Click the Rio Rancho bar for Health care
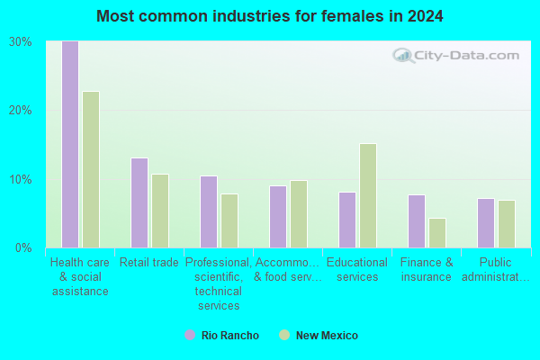pos(70,144)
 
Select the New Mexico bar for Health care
pos(91,169)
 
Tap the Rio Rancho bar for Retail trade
pos(139,202)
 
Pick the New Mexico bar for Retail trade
pos(160,211)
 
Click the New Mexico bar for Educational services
pos(368,195)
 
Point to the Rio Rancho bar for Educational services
pos(347,220)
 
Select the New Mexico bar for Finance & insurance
pos(437,233)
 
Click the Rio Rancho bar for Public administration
pos(486,223)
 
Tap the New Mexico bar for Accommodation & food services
pos(299,214)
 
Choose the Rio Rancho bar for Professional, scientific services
pos(209,211)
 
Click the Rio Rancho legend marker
pos(190,335)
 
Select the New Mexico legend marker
pos(284,335)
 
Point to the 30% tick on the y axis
pos(21,42)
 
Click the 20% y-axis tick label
pos(21,111)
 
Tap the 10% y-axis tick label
pos(21,179)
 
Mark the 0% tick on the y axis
pos(23,248)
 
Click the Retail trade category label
pos(149,263)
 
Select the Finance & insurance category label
pos(427,270)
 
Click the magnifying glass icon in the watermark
pos(403,56)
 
